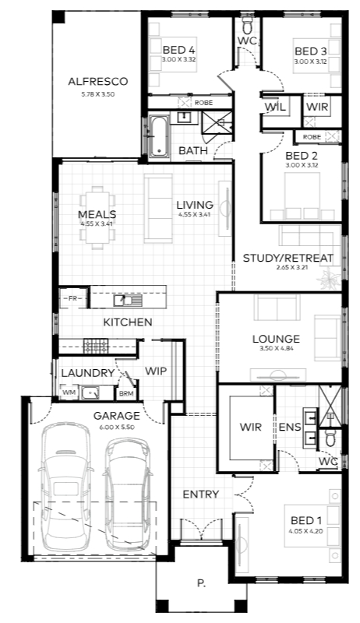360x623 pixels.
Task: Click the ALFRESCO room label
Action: point(97,82)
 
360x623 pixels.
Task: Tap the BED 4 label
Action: point(178,50)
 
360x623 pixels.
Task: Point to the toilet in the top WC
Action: point(247,26)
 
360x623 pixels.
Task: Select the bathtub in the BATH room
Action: point(158,136)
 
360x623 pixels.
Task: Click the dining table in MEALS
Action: point(97,218)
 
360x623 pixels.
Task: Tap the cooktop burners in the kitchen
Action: point(96,346)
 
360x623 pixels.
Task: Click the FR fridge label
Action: point(72,298)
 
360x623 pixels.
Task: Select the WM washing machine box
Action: point(69,392)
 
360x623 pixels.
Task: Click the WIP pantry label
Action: point(156,371)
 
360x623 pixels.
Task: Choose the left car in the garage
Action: point(65,487)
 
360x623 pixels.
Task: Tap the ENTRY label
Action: point(201,495)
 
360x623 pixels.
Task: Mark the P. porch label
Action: point(202,583)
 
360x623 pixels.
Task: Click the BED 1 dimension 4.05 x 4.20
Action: point(306,531)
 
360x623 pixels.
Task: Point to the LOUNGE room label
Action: point(276,339)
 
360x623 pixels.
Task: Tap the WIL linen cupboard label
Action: point(275,107)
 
